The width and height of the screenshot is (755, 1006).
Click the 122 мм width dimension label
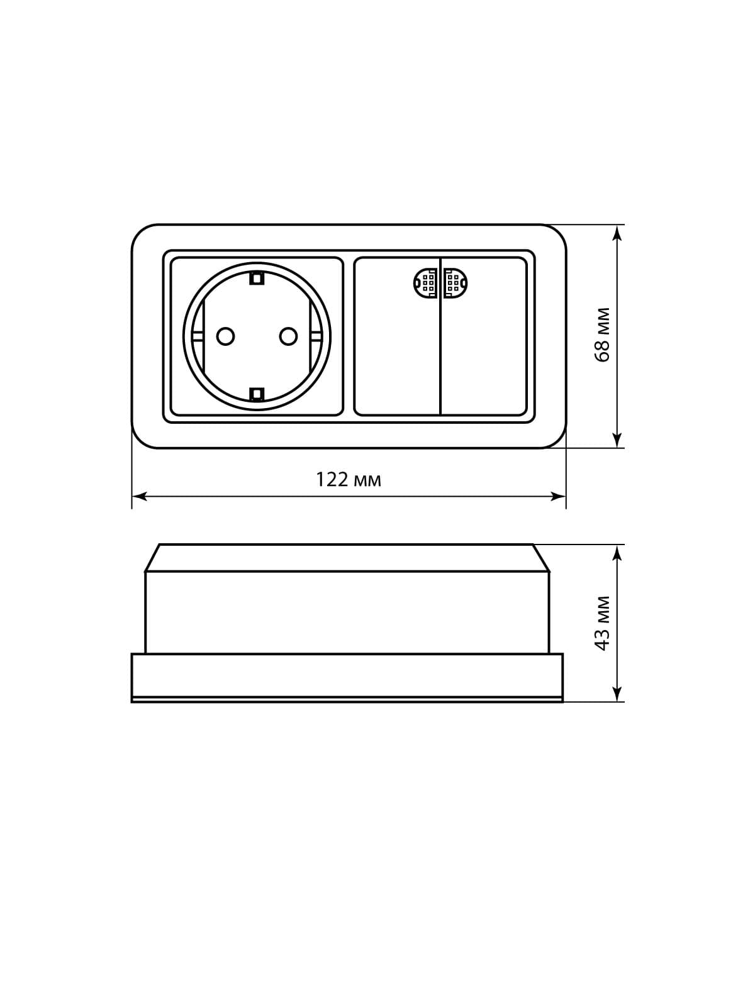click(349, 480)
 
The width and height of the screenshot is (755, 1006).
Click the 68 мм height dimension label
click(602, 335)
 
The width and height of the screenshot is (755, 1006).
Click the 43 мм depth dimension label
click(602, 623)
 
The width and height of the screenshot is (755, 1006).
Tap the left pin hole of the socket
click(225, 336)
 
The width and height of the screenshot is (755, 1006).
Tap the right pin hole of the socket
click(288, 336)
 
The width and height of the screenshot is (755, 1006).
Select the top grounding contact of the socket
click(257, 278)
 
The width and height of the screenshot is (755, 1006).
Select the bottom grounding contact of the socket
click(257, 394)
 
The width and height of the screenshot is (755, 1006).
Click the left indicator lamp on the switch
click(425, 283)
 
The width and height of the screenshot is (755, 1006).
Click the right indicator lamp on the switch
click(456, 283)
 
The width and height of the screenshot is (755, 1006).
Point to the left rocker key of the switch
click(397, 348)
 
